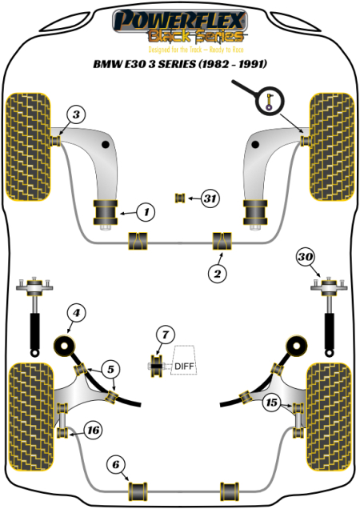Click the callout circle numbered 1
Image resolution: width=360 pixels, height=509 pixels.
145,212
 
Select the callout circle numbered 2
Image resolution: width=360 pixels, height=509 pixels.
216,274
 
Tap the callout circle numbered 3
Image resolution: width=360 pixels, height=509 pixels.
74,114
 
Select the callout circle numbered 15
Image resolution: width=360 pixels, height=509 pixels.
272,403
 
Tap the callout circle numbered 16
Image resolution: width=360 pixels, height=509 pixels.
93,431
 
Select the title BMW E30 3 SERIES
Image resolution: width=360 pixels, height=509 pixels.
179,64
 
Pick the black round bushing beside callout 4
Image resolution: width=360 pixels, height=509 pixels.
64,347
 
